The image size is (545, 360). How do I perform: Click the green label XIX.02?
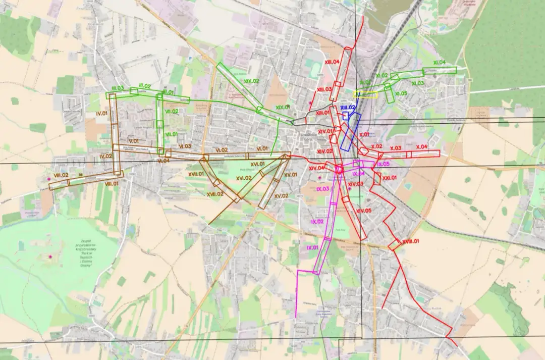pyautogui.click(x=251, y=81)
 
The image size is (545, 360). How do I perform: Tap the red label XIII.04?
pyautogui.click(x=332, y=62)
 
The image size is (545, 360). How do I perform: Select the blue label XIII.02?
pyautogui.click(x=348, y=108)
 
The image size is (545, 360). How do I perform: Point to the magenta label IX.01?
pyautogui.click(x=312, y=247)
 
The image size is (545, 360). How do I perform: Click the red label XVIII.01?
pyautogui.click(x=410, y=242)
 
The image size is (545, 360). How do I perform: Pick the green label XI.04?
pyautogui.click(x=439, y=63)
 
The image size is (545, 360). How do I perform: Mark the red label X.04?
pyautogui.click(x=421, y=146)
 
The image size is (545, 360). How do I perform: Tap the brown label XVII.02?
pyautogui.click(x=215, y=194)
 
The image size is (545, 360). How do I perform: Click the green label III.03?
pyautogui.click(x=118, y=88)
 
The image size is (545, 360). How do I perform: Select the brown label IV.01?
pyautogui.click(x=102, y=114)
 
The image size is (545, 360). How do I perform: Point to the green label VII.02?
pyautogui.click(x=172, y=111)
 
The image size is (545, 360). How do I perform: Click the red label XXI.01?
pyautogui.click(x=390, y=178)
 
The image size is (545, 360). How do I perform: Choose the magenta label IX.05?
pyautogui.click(x=383, y=164)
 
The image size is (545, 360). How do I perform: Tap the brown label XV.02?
pyautogui.click(x=281, y=195)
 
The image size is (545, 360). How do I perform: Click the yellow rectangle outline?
pyautogui.click(x=365, y=94)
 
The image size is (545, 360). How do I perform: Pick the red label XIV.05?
pyautogui.click(x=363, y=211)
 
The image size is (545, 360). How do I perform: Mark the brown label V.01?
pyautogui.click(x=133, y=141)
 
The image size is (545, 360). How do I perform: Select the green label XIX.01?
pyautogui.click(x=283, y=107)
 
